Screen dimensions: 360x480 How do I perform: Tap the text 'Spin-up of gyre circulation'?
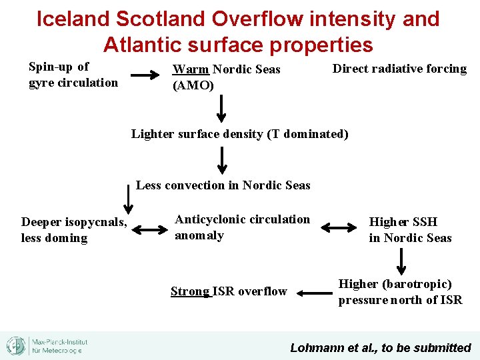point(73,75)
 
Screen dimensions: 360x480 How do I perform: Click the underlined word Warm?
point(191,69)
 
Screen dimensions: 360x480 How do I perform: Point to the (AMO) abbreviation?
point(193,85)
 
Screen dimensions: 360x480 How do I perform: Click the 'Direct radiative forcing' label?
point(399,69)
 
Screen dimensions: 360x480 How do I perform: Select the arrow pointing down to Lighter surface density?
point(222,105)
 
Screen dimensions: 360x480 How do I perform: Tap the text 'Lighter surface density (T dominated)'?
point(239,134)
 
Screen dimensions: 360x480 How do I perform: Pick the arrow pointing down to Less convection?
point(222,160)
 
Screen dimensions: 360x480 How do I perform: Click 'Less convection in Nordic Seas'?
point(223,185)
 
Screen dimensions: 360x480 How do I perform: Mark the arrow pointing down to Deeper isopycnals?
point(127,197)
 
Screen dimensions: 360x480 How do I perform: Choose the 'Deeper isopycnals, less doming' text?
point(74,230)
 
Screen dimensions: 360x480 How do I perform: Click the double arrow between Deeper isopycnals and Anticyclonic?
point(150,230)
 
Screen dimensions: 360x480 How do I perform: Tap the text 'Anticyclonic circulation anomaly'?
point(242,227)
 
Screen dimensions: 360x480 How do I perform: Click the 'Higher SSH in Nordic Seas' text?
point(410,230)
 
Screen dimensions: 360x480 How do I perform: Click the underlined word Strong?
point(191,291)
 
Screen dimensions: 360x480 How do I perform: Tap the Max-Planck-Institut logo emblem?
point(15,345)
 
